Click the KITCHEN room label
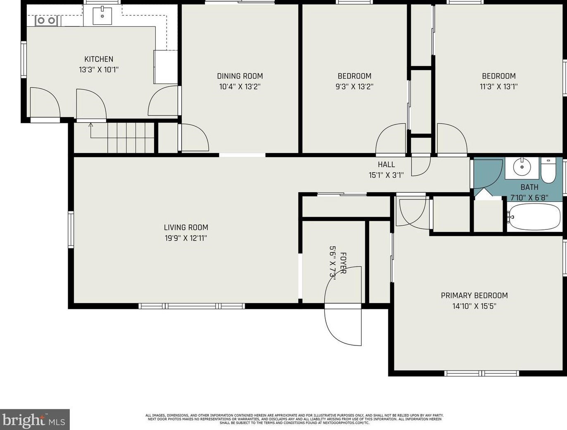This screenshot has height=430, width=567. click(99, 59)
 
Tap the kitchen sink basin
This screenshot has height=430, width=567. click(102, 16)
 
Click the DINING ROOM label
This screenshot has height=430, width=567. click(240, 76)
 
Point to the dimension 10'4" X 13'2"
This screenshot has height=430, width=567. click(240, 87)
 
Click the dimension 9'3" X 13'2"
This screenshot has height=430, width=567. click(355, 87)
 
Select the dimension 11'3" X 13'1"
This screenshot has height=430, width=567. click(498, 87)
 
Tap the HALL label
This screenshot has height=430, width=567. click(386, 165)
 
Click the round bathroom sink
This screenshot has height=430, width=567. click(522, 167)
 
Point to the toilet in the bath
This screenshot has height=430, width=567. click(548, 170)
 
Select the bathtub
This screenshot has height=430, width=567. click(534, 217)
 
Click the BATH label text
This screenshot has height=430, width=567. click(529, 187)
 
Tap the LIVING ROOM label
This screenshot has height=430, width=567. click(186, 227)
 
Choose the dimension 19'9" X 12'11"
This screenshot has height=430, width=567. click(186, 238)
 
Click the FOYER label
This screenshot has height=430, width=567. click(343, 263)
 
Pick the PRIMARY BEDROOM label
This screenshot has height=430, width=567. click(474, 295)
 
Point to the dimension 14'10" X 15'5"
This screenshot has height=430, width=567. click(474, 307)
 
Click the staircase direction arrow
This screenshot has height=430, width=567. click(91, 130)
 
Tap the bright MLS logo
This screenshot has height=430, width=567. click(35, 420)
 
